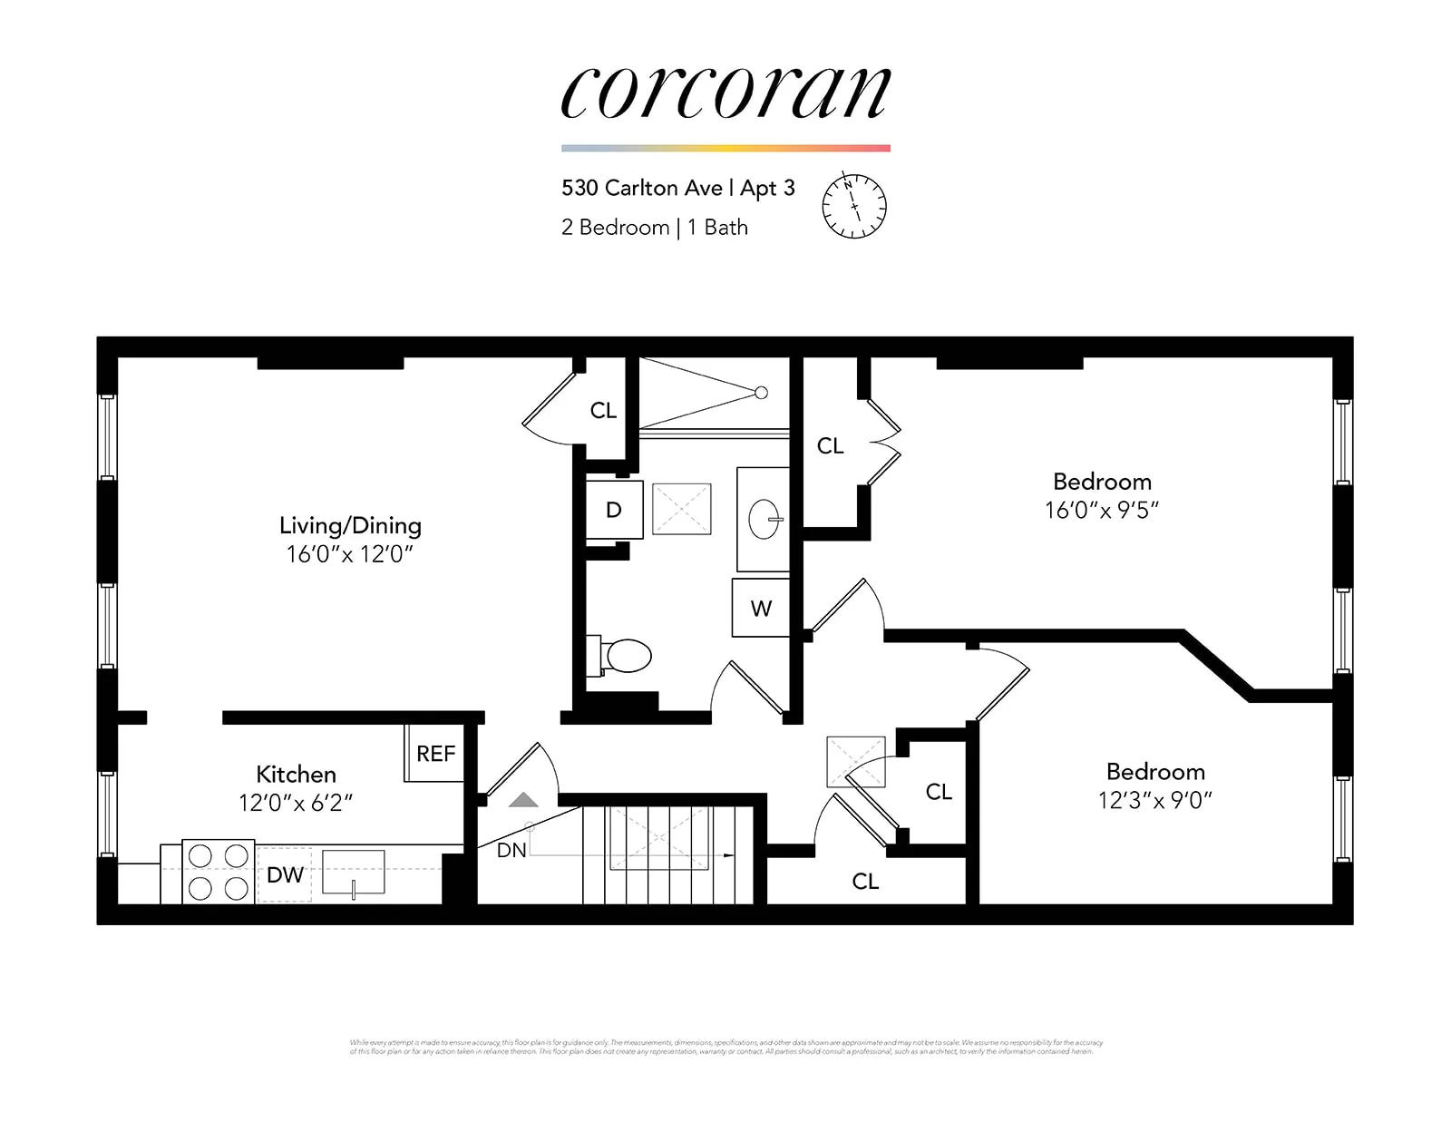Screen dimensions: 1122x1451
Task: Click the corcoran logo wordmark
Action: click(x=725, y=93)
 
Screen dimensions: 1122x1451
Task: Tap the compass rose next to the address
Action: click(x=853, y=206)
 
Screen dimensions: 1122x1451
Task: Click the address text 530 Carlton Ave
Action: click(x=641, y=188)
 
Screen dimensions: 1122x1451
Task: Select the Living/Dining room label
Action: click(x=350, y=525)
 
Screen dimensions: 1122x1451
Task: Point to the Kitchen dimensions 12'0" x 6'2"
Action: click(x=296, y=803)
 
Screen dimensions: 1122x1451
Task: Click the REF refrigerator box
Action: click(x=435, y=753)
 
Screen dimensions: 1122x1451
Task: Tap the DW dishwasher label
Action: click(x=285, y=875)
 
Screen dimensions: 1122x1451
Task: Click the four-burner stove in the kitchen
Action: click(x=218, y=872)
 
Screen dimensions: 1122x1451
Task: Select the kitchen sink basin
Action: click(x=354, y=871)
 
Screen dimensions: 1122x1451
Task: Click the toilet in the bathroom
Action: click(x=625, y=655)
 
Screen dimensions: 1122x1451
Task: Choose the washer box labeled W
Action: click(x=761, y=609)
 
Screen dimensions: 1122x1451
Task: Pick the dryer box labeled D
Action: click(x=614, y=510)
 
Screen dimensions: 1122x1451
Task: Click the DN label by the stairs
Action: click(x=511, y=851)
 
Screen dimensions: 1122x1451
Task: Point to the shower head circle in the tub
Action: click(x=762, y=393)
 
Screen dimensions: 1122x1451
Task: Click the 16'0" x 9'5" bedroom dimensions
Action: click(x=1102, y=511)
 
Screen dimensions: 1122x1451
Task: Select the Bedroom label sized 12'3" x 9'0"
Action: click(x=1155, y=772)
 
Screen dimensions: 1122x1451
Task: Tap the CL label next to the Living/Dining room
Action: click(x=603, y=411)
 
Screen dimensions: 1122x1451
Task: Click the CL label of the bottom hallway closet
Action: click(x=865, y=882)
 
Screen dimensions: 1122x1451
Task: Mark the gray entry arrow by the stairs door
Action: click(x=523, y=800)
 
